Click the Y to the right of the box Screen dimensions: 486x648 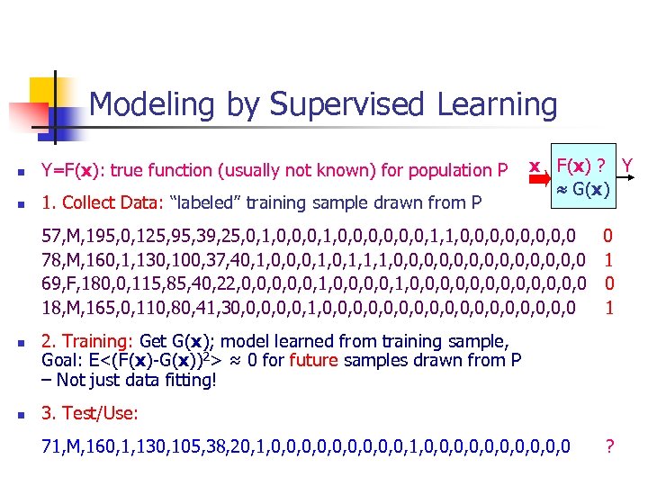pyautogui.click(x=628, y=166)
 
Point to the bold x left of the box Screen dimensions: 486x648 pyautogui.click(x=535, y=166)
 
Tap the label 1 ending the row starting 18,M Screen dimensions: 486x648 pyautogui.click(x=608, y=308)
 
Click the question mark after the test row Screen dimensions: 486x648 pyautogui.click(x=610, y=445)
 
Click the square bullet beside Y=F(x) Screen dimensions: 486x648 pyautogui.click(x=16, y=171)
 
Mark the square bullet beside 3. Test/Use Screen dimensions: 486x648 pyautogui.click(x=16, y=413)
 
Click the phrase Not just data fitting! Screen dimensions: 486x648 pyautogui.click(x=135, y=379)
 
